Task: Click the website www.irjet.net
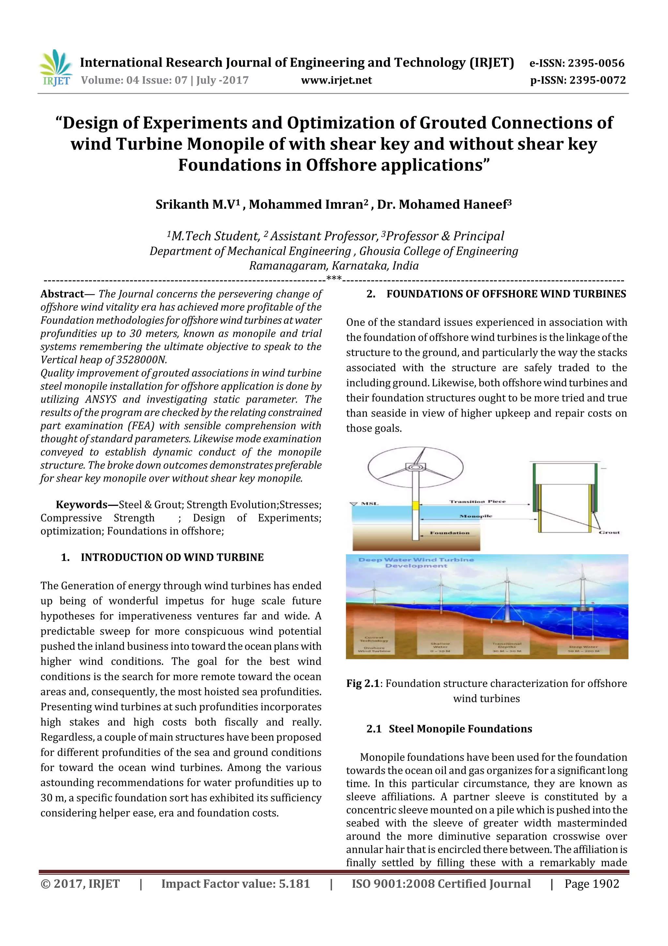[x=336, y=80]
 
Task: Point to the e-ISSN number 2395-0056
[x=596, y=63]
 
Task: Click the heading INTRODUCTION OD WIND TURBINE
[x=172, y=557]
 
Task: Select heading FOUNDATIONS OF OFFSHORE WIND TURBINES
[x=506, y=294]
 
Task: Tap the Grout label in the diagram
[x=609, y=532]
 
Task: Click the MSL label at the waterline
[x=369, y=504]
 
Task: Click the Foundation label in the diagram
[x=449, y=533]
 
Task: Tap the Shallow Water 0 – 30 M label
[x=440, y=647]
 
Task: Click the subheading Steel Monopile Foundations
[x=460, y=729]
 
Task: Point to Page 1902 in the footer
[x=591, y=884]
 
